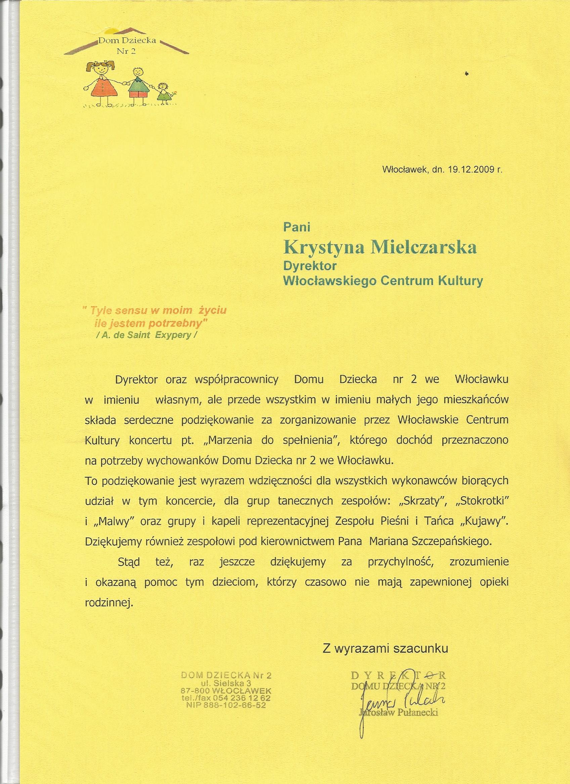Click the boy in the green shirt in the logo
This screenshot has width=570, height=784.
[137, 85]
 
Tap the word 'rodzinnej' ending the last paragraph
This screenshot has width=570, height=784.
[108, 602]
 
